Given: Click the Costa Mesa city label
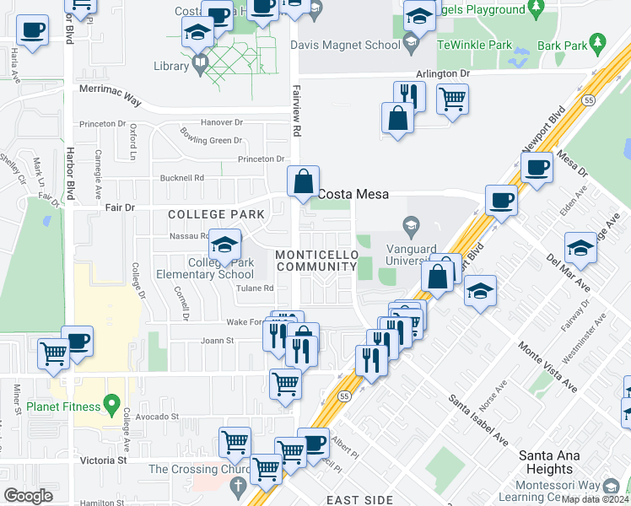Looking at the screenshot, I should (x=353, y=194).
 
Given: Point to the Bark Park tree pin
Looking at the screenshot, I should (x=599, y=40).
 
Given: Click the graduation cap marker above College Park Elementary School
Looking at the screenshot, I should (x=224, y=245).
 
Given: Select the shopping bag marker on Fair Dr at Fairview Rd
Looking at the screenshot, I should (x=303, y=181).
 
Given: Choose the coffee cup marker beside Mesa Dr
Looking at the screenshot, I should (x=536, y=167).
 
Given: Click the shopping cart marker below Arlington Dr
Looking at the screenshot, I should (x=452, y=99).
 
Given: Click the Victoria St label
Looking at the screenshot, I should (x=104, y=460).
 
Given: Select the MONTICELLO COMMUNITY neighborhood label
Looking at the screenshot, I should (x=316, y=261).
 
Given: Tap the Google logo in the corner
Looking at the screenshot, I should (x=29, y=495).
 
